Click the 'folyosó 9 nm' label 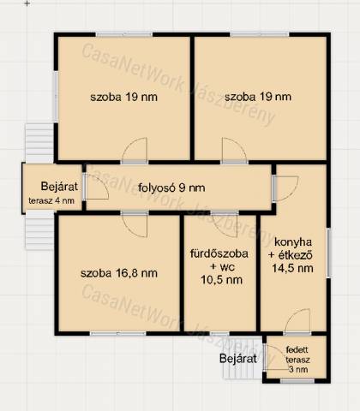[171, 188]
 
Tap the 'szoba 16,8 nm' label [119, 273]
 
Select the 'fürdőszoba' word [219, 253]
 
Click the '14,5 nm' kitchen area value [292, 268]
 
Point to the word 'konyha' [293, 242]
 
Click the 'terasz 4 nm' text [51, 200]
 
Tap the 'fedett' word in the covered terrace [297, 349]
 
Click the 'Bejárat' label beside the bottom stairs [238, 359]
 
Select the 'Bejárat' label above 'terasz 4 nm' [59, 187]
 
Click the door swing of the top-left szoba [135, 150]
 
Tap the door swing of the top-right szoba [234, 150]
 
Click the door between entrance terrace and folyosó [97, 187]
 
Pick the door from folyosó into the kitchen [285, 188]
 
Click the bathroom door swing [225, 225]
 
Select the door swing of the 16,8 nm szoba [135, 225]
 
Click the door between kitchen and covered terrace [297, 321]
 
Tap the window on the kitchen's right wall [328, 253]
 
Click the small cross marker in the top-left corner [27, 3]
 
